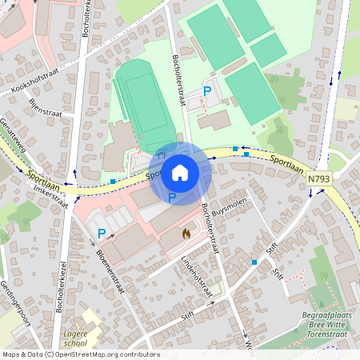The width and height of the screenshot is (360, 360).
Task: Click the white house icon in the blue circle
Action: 179,172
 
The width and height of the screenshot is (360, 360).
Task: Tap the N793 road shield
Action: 318,182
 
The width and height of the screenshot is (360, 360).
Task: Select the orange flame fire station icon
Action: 186,234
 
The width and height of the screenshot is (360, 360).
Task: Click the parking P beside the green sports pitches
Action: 208,91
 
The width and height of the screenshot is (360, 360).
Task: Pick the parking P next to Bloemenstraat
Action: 102,233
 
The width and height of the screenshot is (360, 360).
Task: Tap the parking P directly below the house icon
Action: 172,196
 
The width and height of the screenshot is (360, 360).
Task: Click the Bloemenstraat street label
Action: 110,271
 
